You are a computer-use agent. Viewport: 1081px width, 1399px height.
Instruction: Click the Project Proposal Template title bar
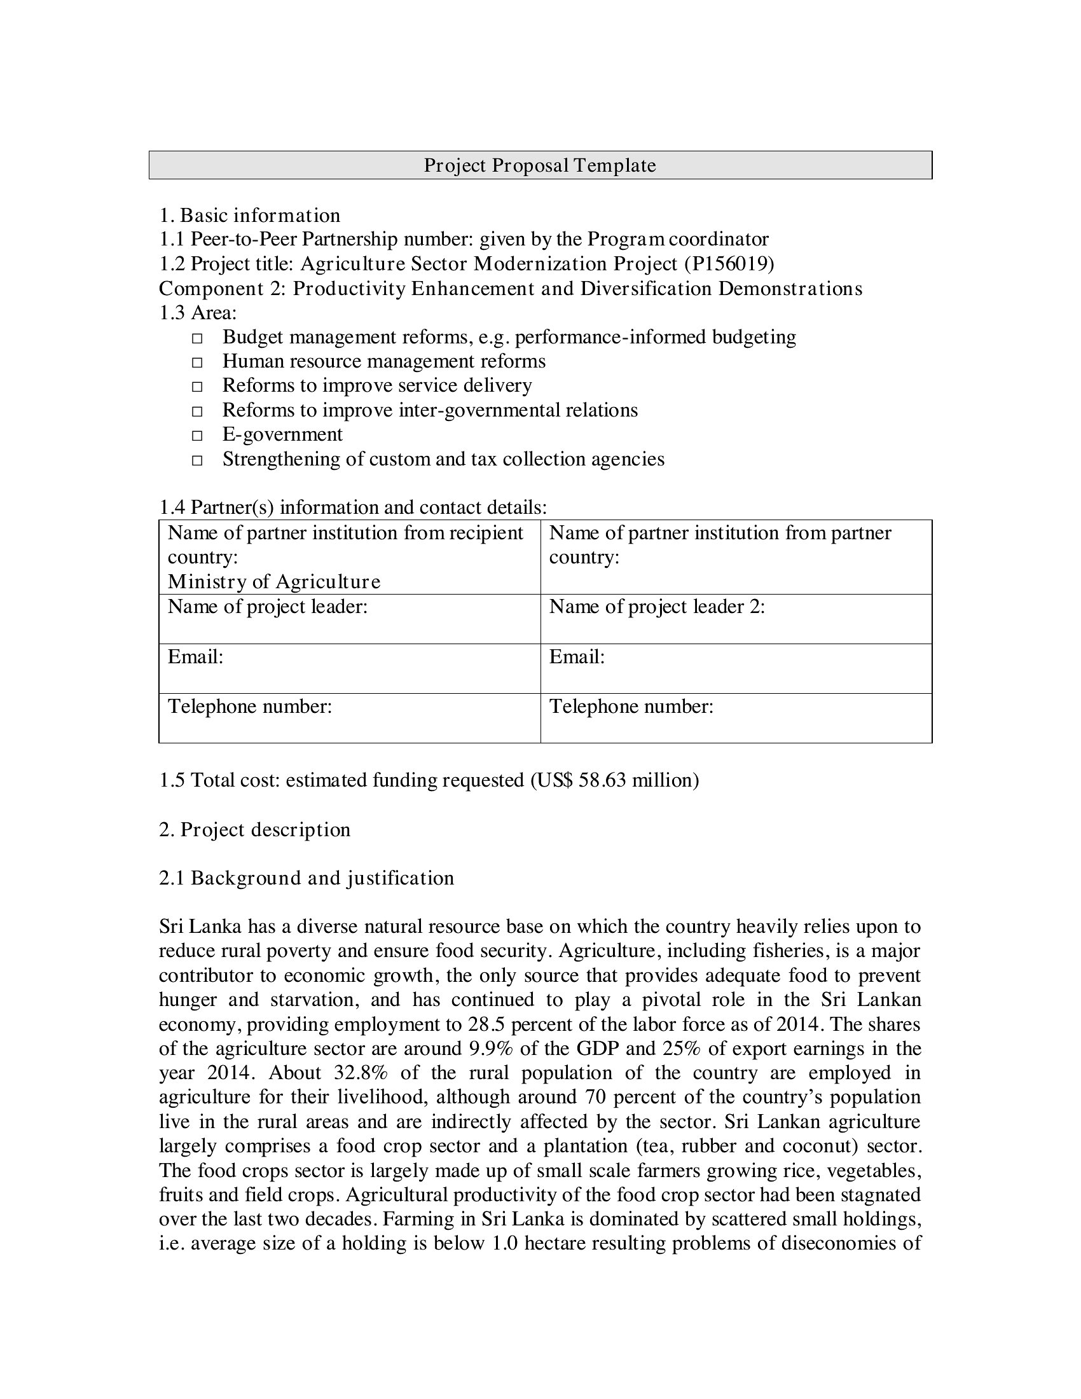point(540,165)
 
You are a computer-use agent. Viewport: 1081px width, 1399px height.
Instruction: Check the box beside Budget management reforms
point(197,338)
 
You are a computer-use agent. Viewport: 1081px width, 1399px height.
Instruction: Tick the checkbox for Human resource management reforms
point(197,362)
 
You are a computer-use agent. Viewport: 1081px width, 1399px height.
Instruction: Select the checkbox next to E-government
point(197,436)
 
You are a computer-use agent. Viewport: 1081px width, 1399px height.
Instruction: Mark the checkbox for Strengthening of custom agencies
point(197,460)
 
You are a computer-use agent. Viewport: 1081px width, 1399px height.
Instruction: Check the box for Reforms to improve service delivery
point(197,387)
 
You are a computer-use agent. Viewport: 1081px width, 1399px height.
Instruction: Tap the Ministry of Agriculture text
point(274,582)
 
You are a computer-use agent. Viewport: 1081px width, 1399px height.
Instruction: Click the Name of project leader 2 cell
point(735,619)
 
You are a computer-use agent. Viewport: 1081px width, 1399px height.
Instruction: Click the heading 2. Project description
point(254,829)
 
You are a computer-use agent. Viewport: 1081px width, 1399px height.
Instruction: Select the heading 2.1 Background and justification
point(306,878)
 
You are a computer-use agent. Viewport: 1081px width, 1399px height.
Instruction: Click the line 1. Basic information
point(250,215)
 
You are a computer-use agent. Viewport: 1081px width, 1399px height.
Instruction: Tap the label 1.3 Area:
point(198,313)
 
